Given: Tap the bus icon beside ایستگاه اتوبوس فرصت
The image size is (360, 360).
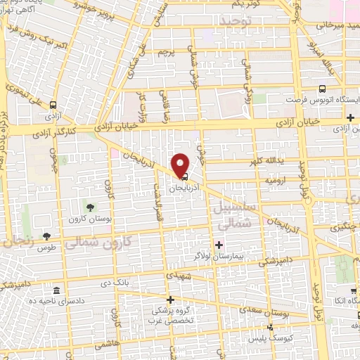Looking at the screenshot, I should [321, 89].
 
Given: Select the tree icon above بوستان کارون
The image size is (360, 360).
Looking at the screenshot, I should [90, 206].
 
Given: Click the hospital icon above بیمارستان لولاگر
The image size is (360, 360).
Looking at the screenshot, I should [219, 245].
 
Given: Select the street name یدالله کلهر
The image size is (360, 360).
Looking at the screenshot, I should [265, 160].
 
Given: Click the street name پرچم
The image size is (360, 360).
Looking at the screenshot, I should [166, 52].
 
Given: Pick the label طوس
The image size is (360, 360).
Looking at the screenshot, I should [47, 247].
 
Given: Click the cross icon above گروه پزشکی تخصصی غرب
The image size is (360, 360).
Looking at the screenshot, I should [170, 300].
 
